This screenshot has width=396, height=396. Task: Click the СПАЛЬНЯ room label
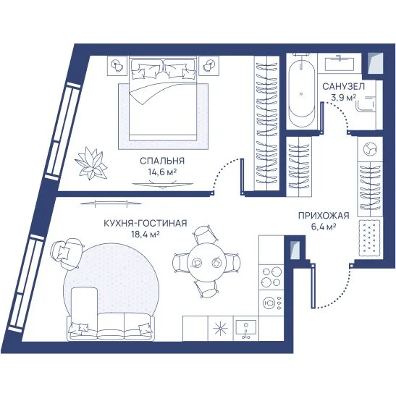click(162, 161)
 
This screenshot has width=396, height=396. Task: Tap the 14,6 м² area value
click(162, 172)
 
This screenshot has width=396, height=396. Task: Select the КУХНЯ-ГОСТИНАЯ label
click(146, 223)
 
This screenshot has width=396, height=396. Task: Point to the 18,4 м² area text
click(146, 235)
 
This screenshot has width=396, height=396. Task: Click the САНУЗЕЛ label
click(344, 87)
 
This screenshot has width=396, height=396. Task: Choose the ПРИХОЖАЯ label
click(324, 216)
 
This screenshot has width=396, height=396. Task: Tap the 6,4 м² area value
click(324, 227)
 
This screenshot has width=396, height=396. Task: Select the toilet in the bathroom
click(366, 104)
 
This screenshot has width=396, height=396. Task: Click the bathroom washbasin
click(340, 64)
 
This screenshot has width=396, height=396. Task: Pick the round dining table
click(206, 262)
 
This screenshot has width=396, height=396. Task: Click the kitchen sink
click(245, 327)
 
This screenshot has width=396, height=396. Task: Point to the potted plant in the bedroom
click(91, 164)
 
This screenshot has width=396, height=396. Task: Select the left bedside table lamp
click(117, 65)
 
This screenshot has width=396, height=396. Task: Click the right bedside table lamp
click(208, 65)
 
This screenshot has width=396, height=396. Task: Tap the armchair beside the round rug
click(66, 253)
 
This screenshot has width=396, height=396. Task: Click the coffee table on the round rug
click(85, 303)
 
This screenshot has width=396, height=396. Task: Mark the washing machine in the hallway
click(370, 149)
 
